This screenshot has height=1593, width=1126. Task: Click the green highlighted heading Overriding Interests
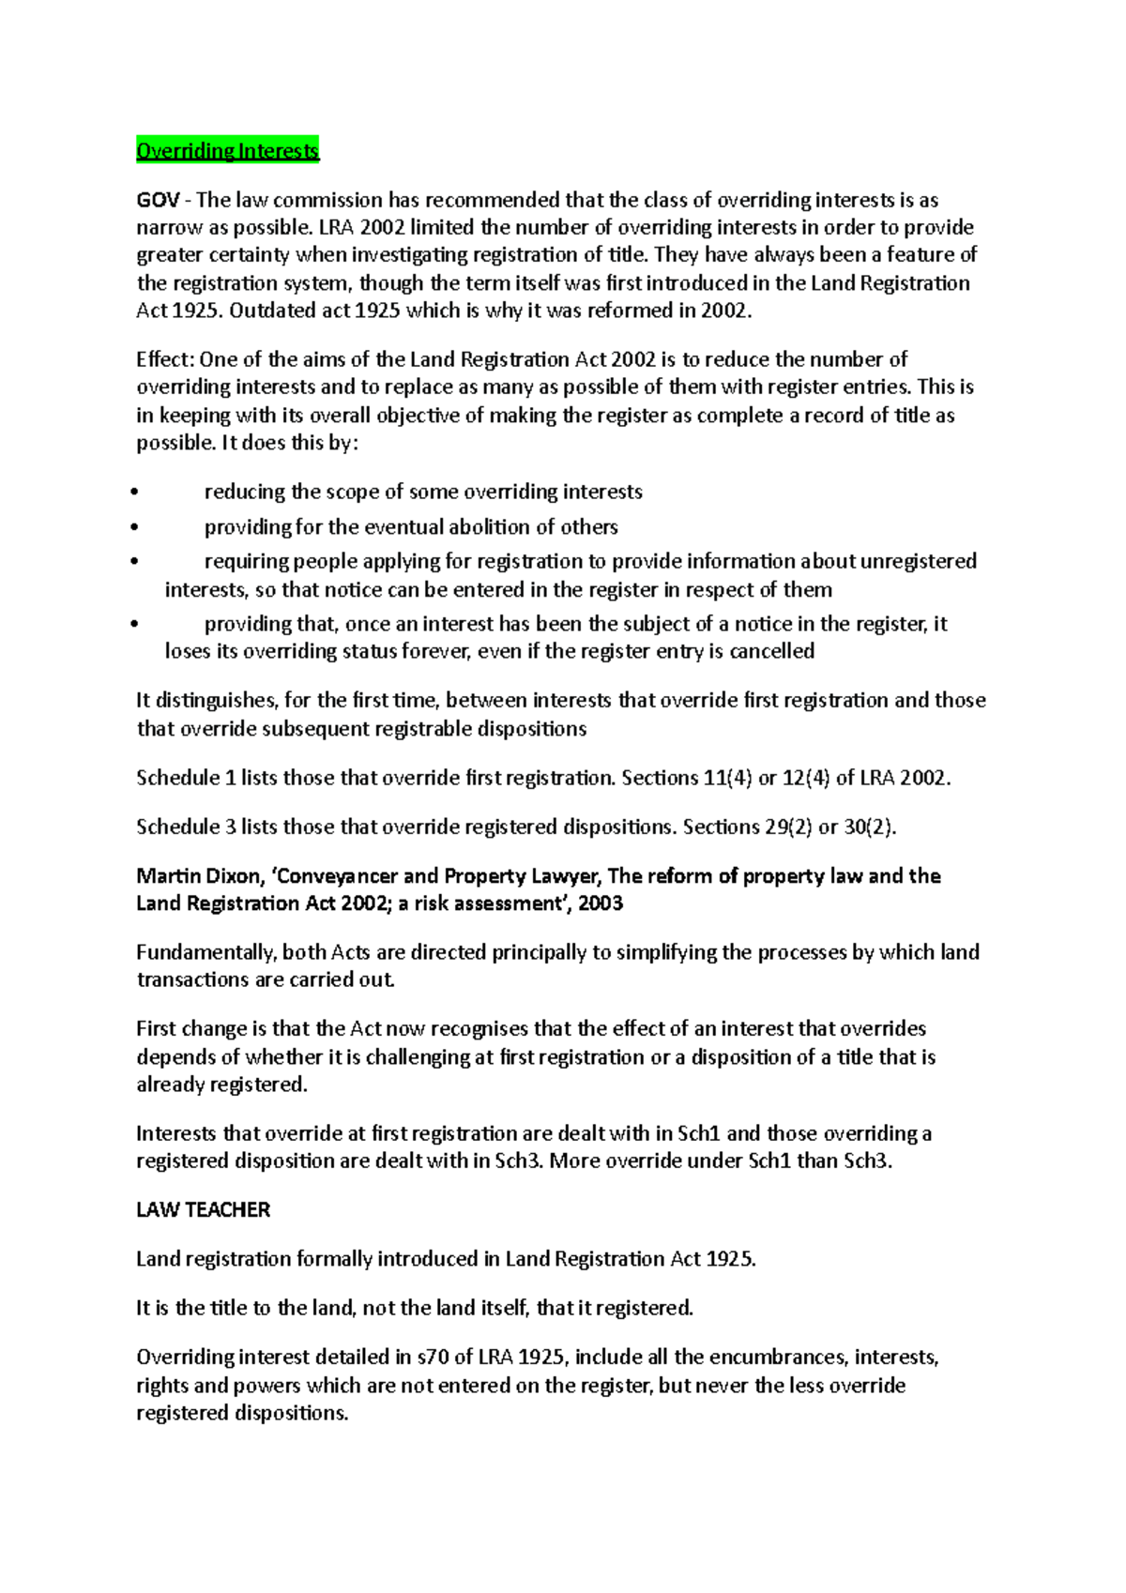[x=227, y=151]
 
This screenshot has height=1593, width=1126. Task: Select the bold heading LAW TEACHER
[x=203, y=1210]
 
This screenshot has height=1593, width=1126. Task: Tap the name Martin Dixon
[x=197, y=876]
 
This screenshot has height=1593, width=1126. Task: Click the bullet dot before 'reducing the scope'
[x=136, y=493]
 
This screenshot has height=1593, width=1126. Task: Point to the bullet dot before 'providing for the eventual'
[x=136, y=528]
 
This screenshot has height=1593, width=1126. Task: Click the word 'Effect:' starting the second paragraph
[x=165, y=359]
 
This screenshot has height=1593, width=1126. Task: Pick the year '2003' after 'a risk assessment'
[x=601, y=903]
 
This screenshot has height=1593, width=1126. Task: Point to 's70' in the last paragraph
[x=432, y=1358]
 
